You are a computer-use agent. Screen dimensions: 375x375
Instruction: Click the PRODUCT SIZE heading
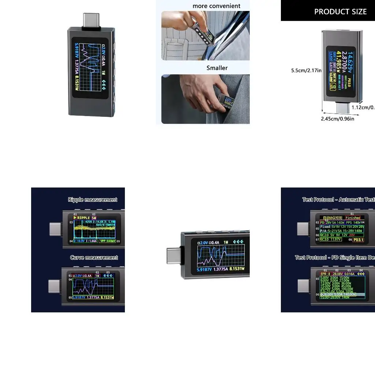pos(340,12)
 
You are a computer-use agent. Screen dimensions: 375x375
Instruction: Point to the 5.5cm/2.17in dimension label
pos(306,70)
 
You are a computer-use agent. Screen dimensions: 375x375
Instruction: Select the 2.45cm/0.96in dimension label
pos(337,119)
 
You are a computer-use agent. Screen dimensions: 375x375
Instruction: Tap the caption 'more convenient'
pos(216,6)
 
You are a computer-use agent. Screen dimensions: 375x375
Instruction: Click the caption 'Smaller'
pos(217,68)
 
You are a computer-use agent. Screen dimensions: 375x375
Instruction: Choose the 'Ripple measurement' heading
pos(92,200)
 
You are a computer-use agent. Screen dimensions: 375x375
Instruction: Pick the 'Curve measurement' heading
pos(94,258)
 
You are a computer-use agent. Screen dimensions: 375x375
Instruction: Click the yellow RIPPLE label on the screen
pos(83,218)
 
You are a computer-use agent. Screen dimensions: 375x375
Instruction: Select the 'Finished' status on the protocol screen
pos(353,218)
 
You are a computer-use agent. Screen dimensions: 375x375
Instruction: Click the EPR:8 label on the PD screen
pos(325,274)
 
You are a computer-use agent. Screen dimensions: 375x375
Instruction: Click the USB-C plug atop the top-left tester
pos(91,20)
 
